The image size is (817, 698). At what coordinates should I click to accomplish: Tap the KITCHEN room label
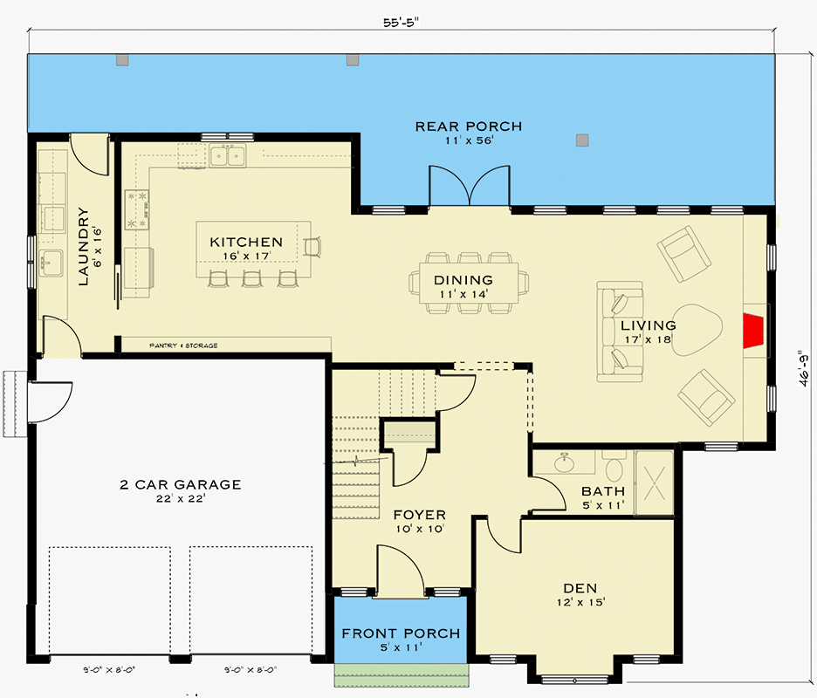[246, 243]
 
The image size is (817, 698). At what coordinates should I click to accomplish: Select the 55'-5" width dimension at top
[402, 23]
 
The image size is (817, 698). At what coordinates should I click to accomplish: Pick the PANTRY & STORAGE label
[183, 346]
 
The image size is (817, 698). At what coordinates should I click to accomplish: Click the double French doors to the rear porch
[469, 186]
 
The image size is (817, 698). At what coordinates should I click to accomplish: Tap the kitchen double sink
[228, 156]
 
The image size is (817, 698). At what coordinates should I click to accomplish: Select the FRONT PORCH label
[402, 633]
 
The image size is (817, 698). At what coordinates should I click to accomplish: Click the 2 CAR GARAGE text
[181, 484]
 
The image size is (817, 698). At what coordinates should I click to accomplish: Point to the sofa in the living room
[620, 332]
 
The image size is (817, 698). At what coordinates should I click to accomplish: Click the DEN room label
[580, 589]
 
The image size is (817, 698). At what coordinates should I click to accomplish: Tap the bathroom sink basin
[564, 462]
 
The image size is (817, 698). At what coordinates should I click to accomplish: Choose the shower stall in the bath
[655, 482]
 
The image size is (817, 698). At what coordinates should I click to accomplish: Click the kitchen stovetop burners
[136, 210]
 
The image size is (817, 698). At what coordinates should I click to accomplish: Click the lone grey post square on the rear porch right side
[582, 140]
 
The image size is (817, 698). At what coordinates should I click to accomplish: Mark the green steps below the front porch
[401, 675]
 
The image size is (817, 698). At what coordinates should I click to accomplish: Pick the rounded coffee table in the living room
[697, 330]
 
